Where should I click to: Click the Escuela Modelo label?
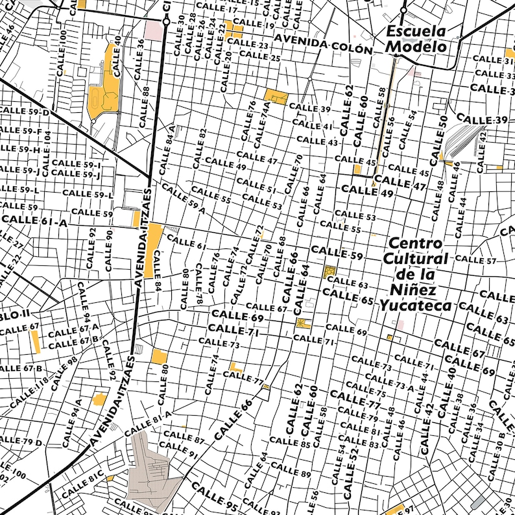pos(416,39)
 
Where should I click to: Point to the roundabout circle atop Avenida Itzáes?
pos(166,21)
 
